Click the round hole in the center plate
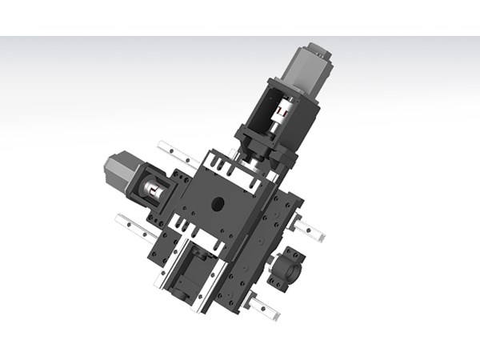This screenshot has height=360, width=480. (218, 204)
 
